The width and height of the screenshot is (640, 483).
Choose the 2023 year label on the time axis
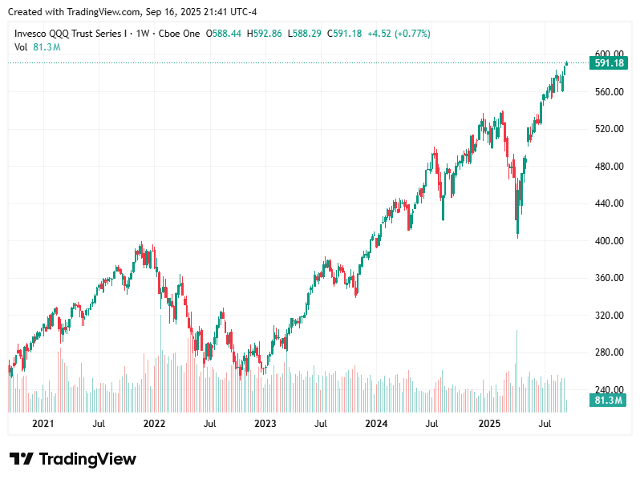click(265, 422)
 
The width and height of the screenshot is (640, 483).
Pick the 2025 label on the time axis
click(489, 422)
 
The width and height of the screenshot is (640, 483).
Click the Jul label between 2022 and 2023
click(209, 422)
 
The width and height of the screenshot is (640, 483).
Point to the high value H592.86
click(265, 34)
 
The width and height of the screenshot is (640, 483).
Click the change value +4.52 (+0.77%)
click(399, 34)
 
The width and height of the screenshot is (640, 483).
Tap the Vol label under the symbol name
click(22, 47)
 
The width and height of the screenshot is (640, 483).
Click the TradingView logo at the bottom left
click(73, 459)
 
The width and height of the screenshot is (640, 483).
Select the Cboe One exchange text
click(180, 34)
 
